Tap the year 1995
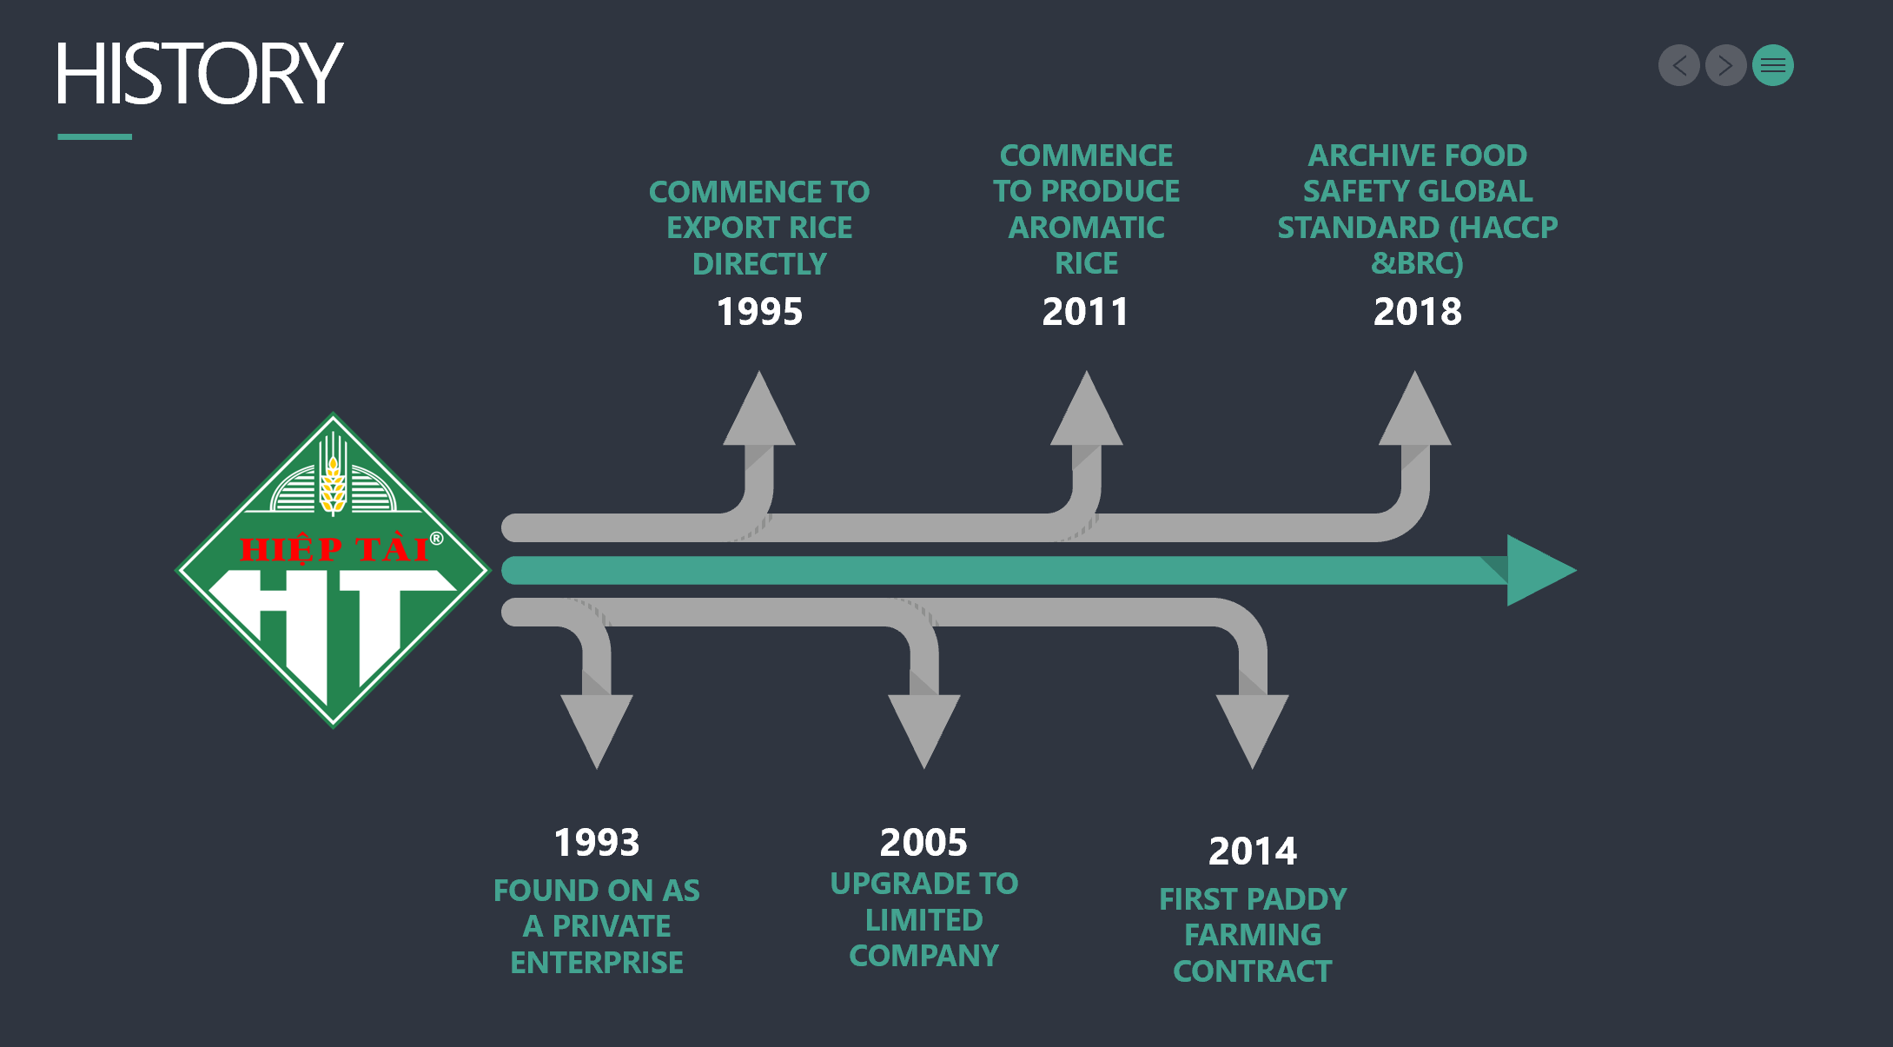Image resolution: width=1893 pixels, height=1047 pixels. (759, 311)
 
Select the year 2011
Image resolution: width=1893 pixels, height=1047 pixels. (1085, 311)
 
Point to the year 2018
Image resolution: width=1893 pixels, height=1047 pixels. (1417, 311)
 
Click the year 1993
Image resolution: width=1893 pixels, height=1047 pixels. (597, 842)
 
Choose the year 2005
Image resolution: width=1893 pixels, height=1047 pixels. (923, 842)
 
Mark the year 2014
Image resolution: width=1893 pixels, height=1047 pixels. (1252, 851)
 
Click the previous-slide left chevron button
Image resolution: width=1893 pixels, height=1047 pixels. (1678, 65)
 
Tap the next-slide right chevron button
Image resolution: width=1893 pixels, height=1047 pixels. (1725, 65)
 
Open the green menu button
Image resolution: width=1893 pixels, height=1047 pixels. (1772, 65)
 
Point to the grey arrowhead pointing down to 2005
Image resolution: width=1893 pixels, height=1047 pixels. (923, 726)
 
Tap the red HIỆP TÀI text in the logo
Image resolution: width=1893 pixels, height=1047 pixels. (334, 549)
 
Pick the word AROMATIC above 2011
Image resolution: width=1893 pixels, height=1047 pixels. (1086, 228)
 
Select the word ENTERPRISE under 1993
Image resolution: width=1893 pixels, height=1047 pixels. (597, 963)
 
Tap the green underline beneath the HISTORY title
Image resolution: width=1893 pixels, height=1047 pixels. (95, 136)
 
